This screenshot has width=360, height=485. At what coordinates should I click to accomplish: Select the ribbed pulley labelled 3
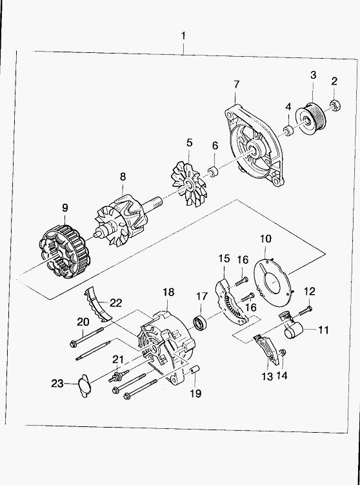pos(310,119)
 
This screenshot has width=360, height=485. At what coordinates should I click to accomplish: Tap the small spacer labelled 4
pos(288,130)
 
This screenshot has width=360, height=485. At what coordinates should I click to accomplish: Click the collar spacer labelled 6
pos(213,172)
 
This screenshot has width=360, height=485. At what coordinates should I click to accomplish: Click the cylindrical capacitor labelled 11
pos(293,330)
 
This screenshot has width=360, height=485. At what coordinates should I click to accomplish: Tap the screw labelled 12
pos(305,311)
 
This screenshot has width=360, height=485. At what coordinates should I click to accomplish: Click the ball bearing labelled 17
pos(199,321)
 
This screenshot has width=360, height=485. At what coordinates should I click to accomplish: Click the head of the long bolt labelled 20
pos(74,343)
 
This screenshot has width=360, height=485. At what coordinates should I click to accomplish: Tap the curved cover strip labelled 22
pos(97,304)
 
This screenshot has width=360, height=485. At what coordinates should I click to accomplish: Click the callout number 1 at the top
pos(184,36)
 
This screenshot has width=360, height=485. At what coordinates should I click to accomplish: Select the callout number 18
pos(168,292)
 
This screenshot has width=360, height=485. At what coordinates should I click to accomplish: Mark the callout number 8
pos(123,177)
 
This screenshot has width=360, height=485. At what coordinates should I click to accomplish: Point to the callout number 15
pos(225,258)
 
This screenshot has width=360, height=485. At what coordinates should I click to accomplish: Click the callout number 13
pos(268,376)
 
